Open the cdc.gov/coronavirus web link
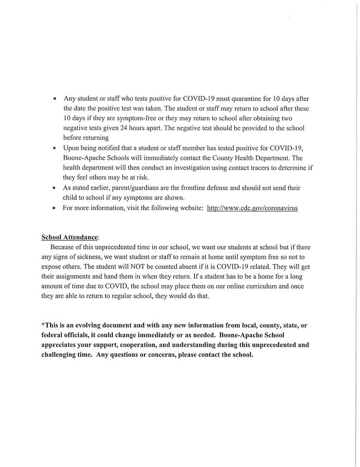coord(252,208)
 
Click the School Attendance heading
coord(69,237)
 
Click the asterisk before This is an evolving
coord(42,324)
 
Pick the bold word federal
coord(54,335)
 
